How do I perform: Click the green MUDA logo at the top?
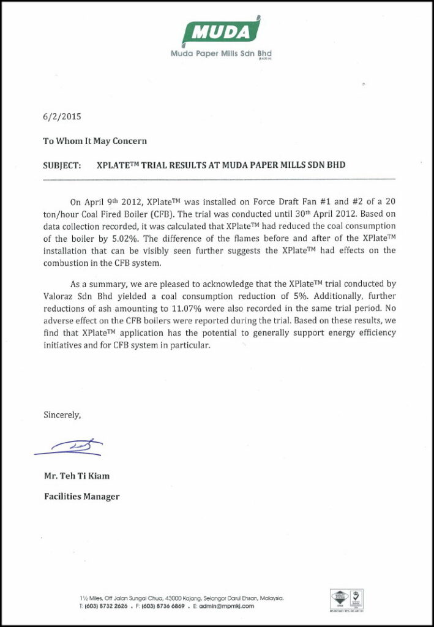(x=222, y=31)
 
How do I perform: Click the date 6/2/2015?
(x=62, y=116)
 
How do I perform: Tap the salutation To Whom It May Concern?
(x=95, y=141)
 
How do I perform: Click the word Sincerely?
(x=62, y=415)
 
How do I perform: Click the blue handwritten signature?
(x=70, y=448)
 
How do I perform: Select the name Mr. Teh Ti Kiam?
(x=77, y=476)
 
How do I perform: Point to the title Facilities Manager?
(x=81, y=497)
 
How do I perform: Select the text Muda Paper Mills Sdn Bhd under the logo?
(x=221, y=53)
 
